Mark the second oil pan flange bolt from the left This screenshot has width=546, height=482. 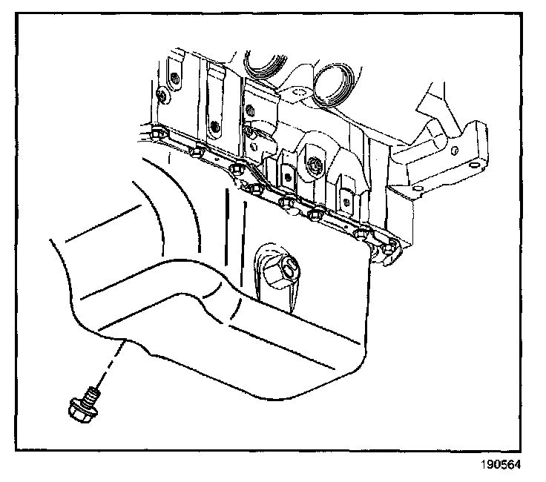tap(197, 153)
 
